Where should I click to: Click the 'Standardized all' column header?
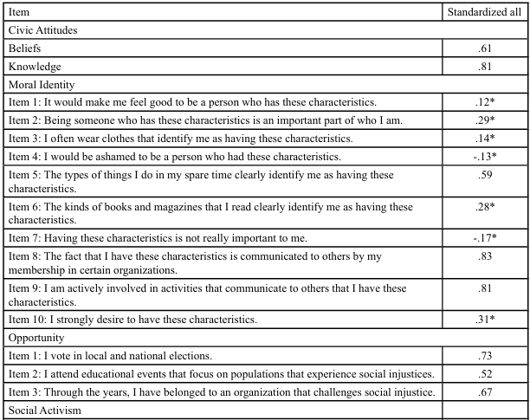tap(484, 12)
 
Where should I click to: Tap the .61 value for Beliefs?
tap(485, 48)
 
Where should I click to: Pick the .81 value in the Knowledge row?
tap(485, 66)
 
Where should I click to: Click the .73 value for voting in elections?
tap(485, 355)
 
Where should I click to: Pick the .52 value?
tap(485, 373)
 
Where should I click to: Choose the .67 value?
tap(485, 391)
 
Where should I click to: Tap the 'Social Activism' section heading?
tap(42, 410)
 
